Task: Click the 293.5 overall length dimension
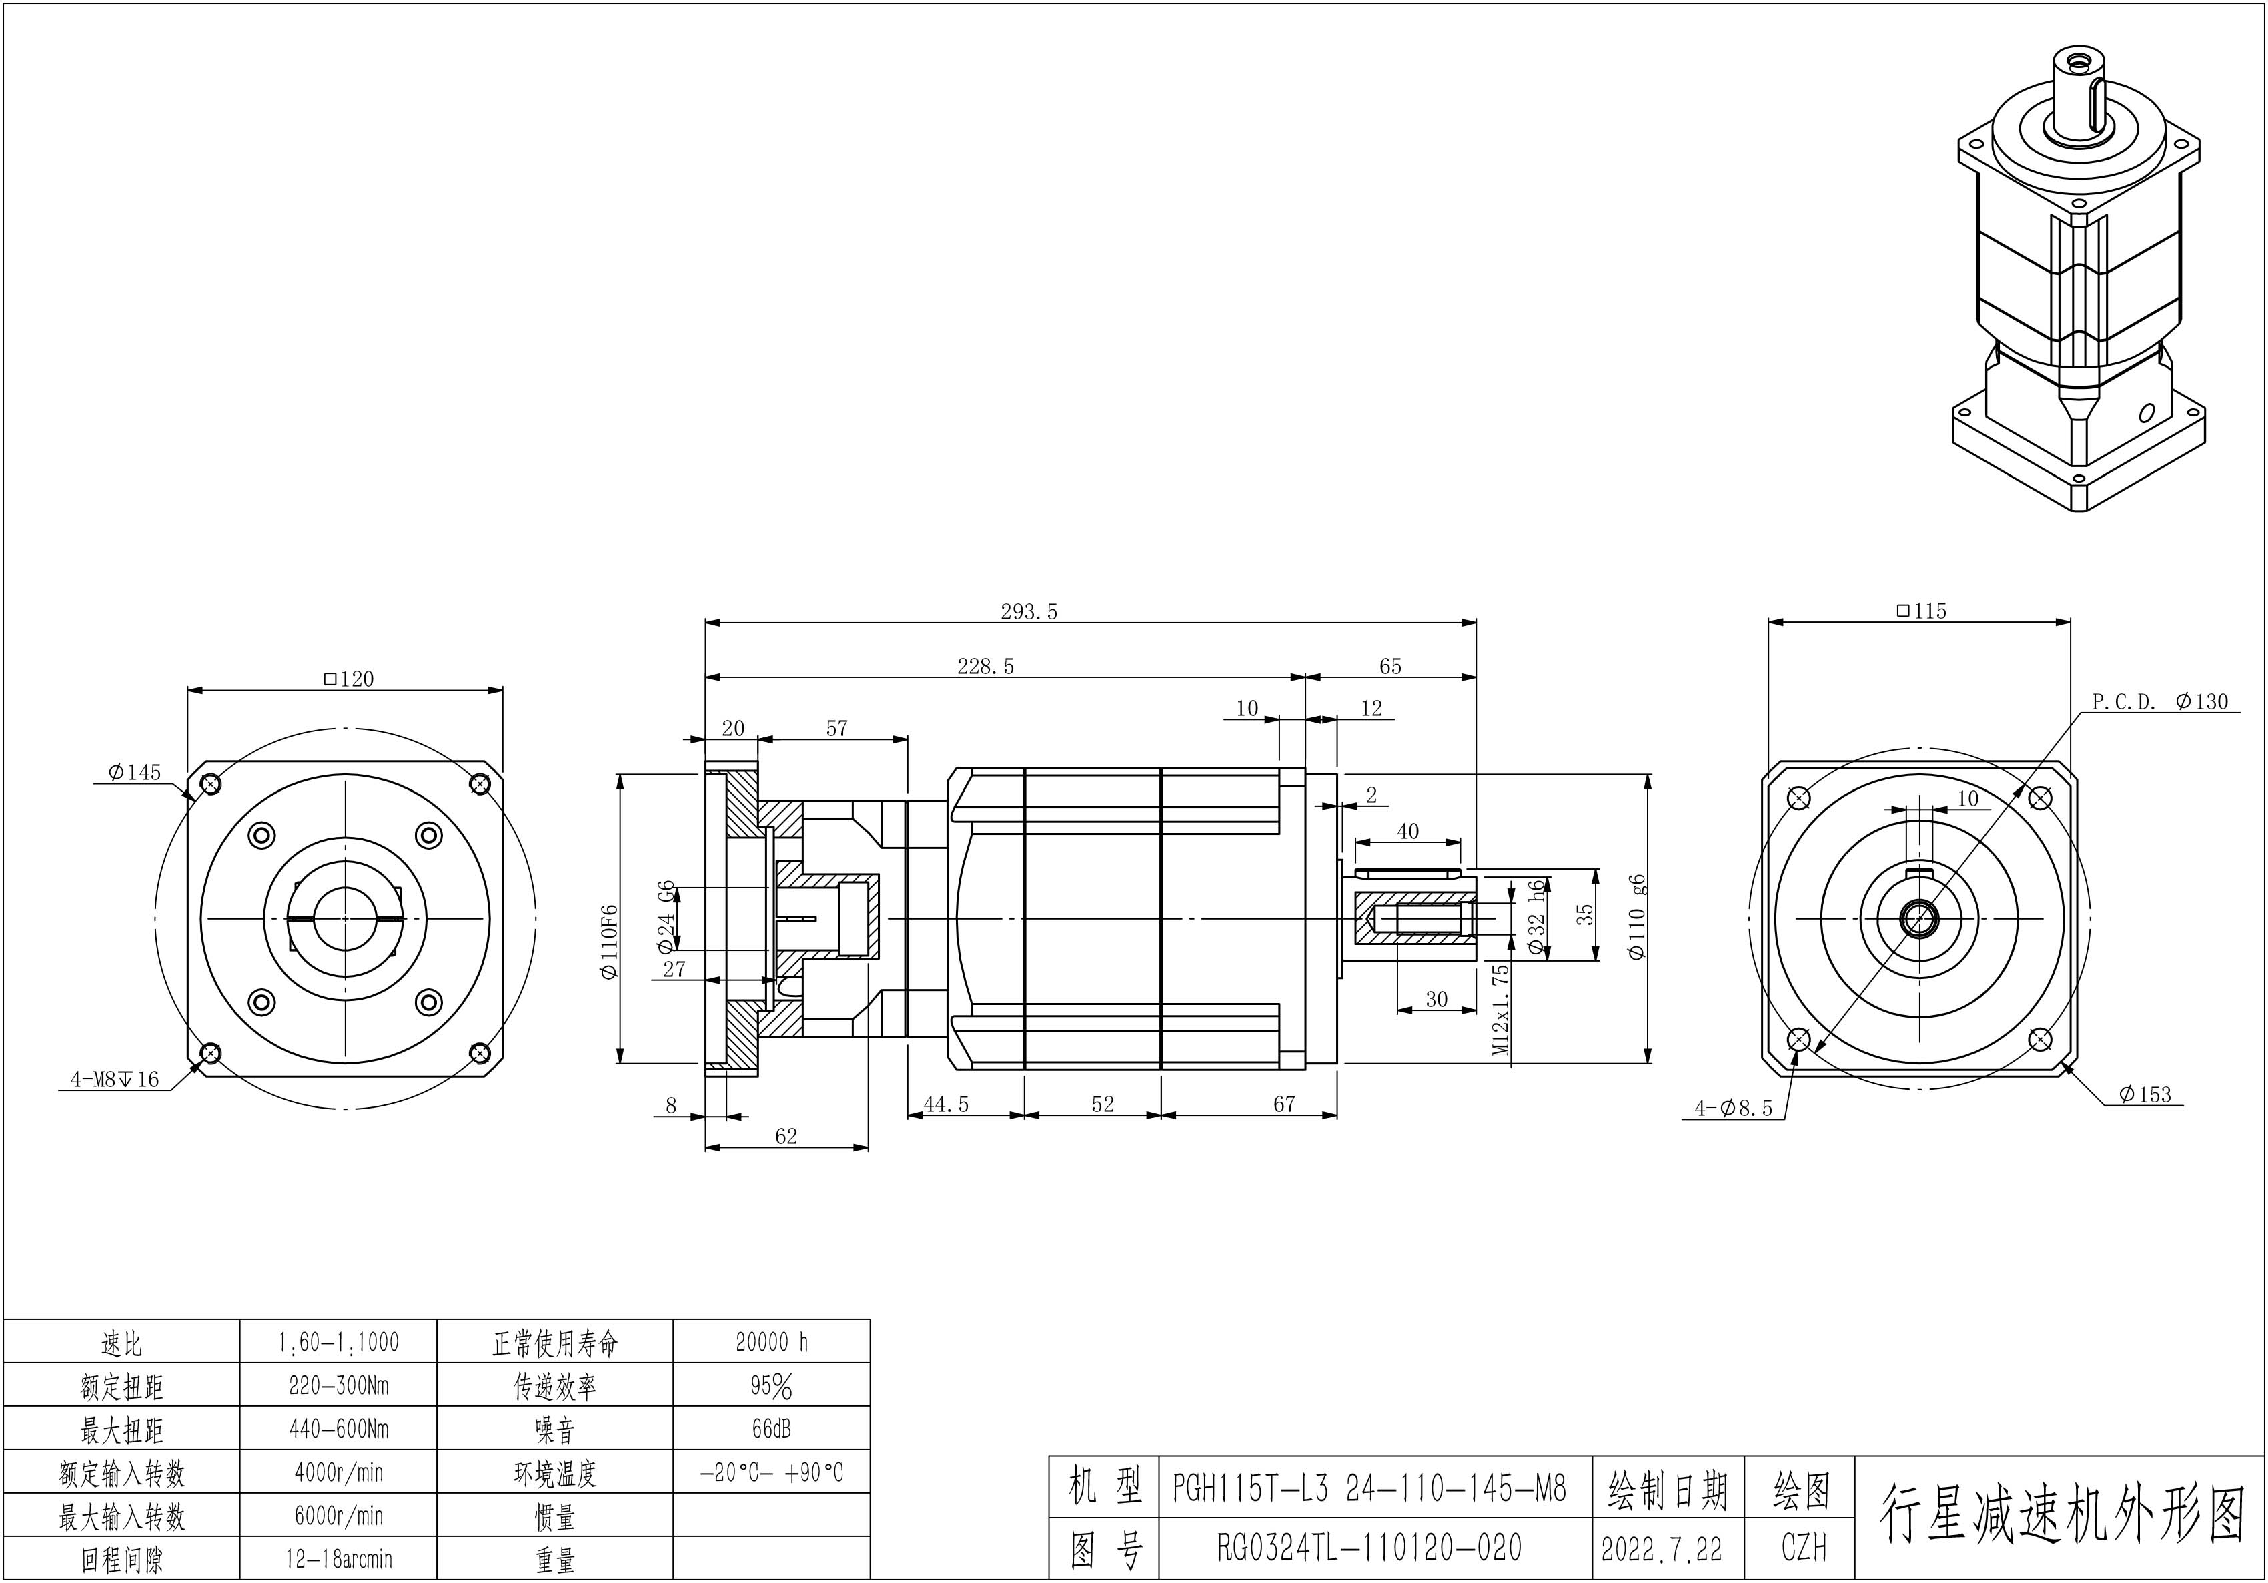point(1029,612)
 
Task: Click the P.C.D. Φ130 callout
point(2159,701)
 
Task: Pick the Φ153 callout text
point(2145,1094)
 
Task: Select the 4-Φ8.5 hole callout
point(1734,1108)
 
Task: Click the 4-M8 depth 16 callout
point(115,1080)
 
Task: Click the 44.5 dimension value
point(945,1104)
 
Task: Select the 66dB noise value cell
point(772,1428)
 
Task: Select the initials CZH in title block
point(1803,1548)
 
